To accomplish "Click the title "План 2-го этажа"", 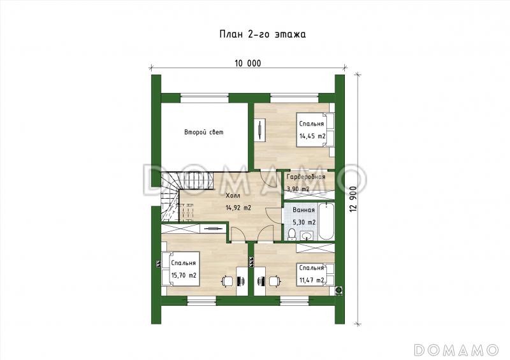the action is click(x=263, y=34).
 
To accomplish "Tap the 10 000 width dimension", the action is click(x=248, y=64).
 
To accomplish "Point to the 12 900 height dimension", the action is click(x=354, y=199).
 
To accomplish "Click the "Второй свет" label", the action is click(x=204, y=133).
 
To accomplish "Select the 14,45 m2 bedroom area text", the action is click(x=312, y=136).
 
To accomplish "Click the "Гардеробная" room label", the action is click(x=306, y=177).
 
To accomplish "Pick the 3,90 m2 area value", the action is click(x=298, y=189).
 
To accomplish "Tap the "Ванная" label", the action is click(x=304, y=210).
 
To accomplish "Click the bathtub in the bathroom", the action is click(x=326, y=221).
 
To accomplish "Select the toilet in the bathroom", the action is click(x=292, y=234).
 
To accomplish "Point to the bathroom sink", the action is click(x=307, y=236).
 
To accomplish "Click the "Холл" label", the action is click(x=233, y=196).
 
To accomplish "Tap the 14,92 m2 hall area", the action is click(x=238, y=208).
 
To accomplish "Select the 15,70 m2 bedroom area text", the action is click(x=184, y=275).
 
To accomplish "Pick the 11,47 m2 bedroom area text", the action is click(x=312, y=280).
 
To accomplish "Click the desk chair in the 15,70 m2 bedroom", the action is click(x=228, y=281).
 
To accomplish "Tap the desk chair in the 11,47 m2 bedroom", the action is click(x=275, y=281).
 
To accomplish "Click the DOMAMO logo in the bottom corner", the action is click(x=456, y=350).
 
